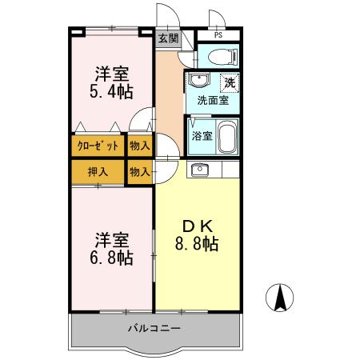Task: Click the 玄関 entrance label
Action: pyautogui.click(x=167, y=38)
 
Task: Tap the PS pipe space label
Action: pyautogui.click(x=218, y=36)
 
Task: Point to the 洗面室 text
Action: pyautogui.click(x=213, y=101)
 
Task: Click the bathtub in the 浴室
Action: pyautogui.click(x=227, y=135)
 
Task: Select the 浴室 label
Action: pyautogui.click(x=202, y=136)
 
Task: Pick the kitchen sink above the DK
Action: pyautogui.click(x=198, y=169)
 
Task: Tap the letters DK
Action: pyautogui.click(x=195, y=225)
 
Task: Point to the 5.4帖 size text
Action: pyautogui.click(x=111, y=93)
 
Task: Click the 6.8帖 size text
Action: pyautogui.click(x=111, y=258)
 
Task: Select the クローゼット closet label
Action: pyautogui.click(x=98, y=146)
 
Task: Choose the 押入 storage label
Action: pyautogui.click(x=98, y=171)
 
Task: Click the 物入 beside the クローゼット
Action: pyautogui.click(x=139, y=146)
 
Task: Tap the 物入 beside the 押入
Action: pyautogui.click(x=139, y=171)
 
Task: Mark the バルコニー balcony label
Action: pyautogui.click(x=154, y=329)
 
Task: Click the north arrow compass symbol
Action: pyautogui.click(x=281, y=299)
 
